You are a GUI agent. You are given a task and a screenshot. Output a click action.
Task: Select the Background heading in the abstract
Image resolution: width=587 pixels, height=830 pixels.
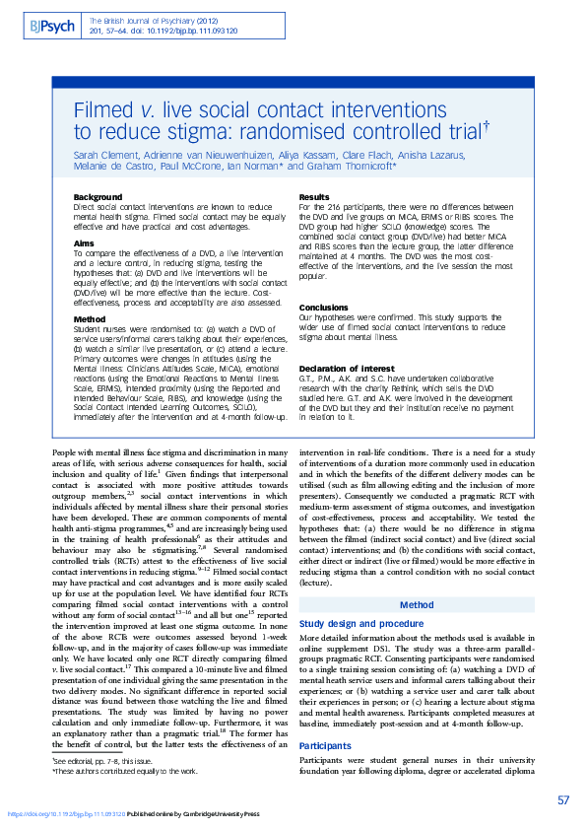click(x=98, y=197)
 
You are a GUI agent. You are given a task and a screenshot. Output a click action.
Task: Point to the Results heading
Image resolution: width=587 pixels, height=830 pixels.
click(x=313, y=197)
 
